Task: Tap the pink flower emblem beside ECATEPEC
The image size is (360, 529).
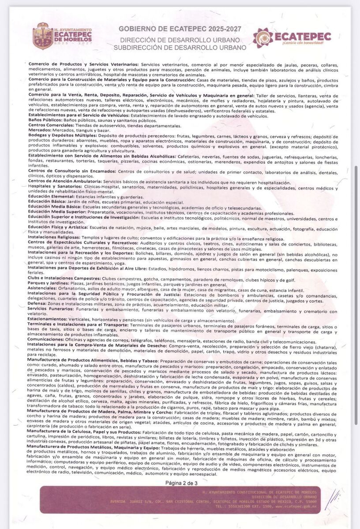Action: pyautogui.click(x=263, y=37)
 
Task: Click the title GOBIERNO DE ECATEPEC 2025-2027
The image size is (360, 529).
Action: pyautogui.click(x=180, y=29)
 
